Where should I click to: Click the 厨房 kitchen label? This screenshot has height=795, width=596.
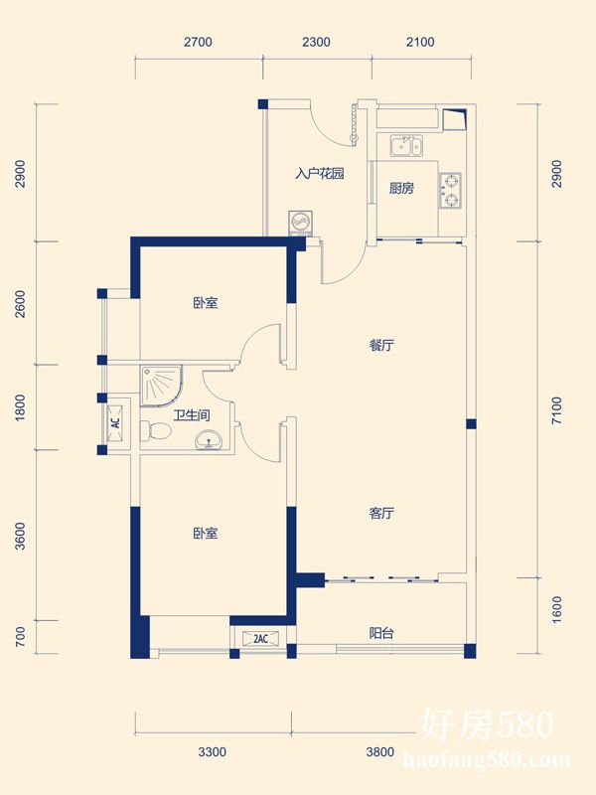401,189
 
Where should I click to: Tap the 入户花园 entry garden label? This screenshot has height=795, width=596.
320,173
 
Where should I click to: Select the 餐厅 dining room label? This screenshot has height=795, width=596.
381,346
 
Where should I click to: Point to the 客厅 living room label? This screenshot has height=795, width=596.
381,513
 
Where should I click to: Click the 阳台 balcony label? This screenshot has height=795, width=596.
381,633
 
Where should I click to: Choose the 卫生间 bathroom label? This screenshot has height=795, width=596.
192,415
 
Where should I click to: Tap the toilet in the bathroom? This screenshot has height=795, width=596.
156,431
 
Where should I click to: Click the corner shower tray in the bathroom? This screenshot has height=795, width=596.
161,386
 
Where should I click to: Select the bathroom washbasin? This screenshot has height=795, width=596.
209,439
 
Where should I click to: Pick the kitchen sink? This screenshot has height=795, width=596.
406,145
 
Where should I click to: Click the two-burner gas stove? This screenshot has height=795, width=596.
450,191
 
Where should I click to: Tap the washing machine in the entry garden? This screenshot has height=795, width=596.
299,223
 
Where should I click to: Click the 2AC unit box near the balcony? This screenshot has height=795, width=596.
260,638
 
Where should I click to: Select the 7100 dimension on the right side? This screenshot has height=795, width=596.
557,410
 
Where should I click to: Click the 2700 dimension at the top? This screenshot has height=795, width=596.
198,42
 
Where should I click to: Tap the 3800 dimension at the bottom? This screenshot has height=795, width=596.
380,751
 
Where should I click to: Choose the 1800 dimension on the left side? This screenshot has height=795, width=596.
20,407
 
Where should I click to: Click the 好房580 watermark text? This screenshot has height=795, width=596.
488,724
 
